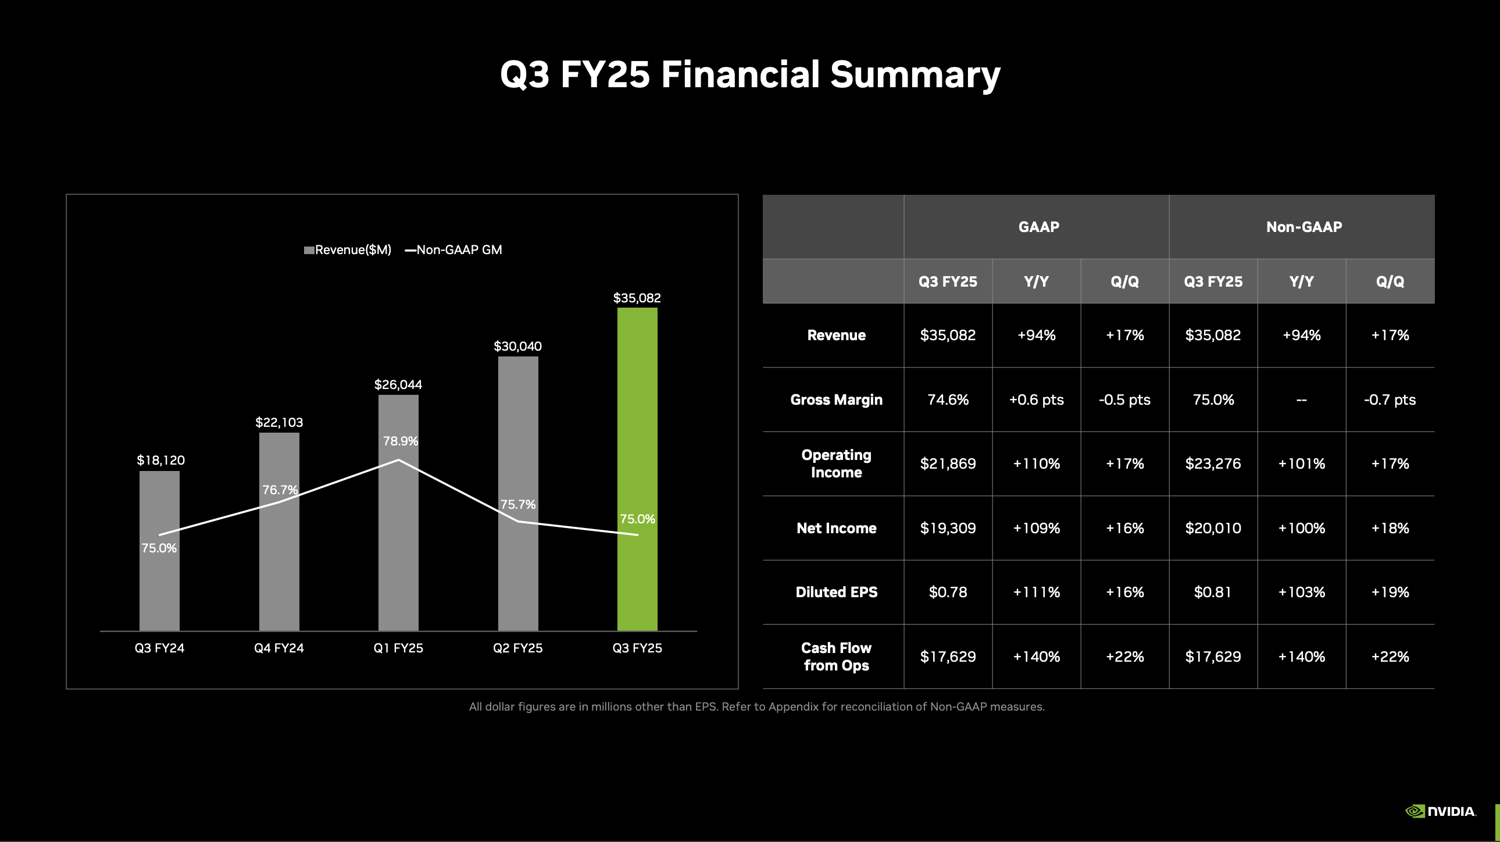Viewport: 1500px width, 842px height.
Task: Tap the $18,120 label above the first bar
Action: tap(160, 460)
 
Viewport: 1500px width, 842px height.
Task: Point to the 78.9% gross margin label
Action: tap(401, 441)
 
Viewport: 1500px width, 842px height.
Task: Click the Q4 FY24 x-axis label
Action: tap(279, 648)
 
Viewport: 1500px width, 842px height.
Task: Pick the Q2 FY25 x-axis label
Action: tap(517, 648)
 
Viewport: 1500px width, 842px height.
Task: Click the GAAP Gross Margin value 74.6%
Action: tap(948, 399)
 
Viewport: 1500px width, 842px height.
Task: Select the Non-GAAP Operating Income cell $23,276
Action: tap(1213, 463)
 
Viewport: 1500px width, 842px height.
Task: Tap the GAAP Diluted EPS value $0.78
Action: tap(948, 592)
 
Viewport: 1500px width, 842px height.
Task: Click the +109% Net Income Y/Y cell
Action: tap(1037, 528)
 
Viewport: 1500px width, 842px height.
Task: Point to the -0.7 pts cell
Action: tap(1390, 399)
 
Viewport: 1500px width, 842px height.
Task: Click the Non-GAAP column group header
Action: tap(1303, 227)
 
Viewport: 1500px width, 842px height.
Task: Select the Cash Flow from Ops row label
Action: tap(836, 657)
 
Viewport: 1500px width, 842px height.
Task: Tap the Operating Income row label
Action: tap(836, 463)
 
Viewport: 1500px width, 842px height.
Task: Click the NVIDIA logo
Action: tap(1441, 811)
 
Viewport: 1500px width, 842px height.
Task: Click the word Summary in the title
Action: tap(915, 74)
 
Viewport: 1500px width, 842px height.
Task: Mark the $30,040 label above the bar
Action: tap(517, 346)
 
